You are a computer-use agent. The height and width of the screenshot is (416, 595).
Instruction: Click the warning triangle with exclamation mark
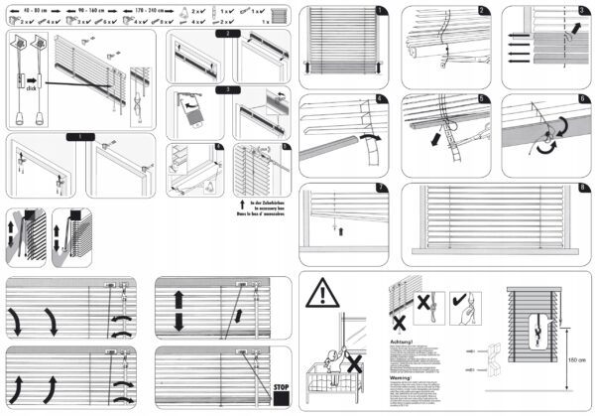pos(321,294)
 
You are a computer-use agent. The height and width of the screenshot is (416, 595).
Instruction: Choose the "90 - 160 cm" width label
pos(104,7)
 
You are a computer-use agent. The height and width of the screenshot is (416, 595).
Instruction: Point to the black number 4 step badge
pos(382,100)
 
